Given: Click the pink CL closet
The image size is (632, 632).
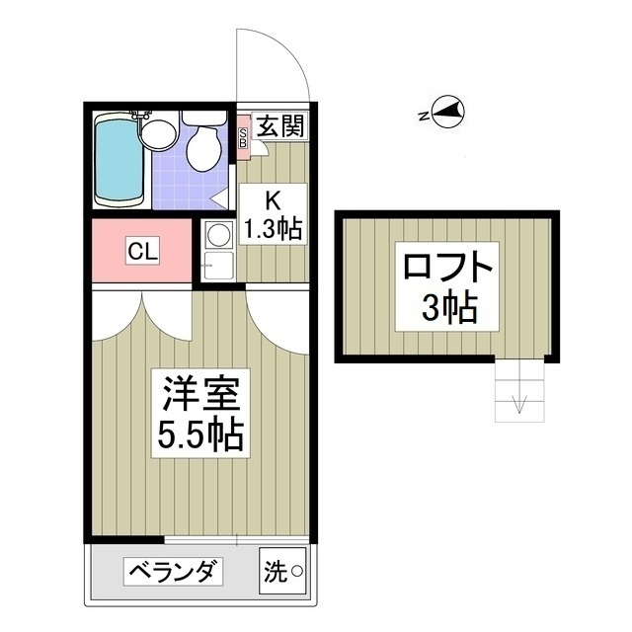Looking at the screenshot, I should pos(141,252).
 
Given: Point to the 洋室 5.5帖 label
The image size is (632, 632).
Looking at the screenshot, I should pos(197,411).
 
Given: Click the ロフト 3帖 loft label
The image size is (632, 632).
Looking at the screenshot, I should pos(445,287).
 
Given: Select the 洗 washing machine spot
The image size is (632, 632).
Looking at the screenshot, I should pos(282,571).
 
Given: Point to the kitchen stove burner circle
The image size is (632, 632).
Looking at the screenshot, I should pos(217,234).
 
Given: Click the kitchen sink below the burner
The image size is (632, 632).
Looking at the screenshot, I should pos(217,264).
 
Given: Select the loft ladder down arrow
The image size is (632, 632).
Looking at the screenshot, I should pos(519,403).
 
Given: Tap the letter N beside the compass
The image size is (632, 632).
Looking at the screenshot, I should pos(423,116).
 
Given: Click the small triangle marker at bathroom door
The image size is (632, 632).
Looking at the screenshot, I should pos(218,197).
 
